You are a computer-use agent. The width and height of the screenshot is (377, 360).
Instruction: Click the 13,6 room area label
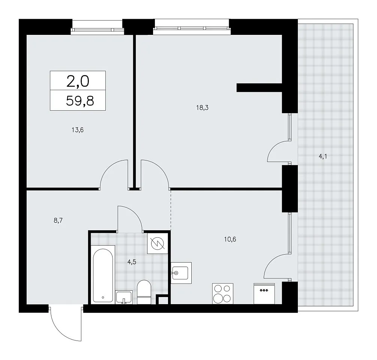(77, 130)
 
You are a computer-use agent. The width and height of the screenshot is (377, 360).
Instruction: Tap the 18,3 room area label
(202, 108)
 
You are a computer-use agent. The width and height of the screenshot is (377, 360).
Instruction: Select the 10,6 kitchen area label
(230, 239)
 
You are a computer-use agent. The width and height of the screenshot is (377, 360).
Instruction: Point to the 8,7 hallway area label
(58, 220)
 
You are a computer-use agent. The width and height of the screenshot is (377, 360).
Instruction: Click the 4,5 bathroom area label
(132, 262)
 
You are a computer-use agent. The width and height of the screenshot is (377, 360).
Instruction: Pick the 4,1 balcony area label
(323, 156)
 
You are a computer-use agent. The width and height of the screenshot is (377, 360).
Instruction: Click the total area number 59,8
(80, 101)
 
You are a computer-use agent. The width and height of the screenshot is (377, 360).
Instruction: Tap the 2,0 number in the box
(78, 81)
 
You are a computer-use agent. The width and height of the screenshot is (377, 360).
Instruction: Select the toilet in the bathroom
(144, 292)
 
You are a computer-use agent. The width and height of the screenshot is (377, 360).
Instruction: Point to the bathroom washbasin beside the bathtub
(123, 297)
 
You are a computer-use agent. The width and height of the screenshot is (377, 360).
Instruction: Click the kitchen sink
(181, 273)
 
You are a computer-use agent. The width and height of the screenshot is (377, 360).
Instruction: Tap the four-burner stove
(223, 293)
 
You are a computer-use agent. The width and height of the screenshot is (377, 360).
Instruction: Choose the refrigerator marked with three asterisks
(264, 294)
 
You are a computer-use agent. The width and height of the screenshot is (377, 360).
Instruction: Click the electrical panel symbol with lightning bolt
(158, 244)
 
